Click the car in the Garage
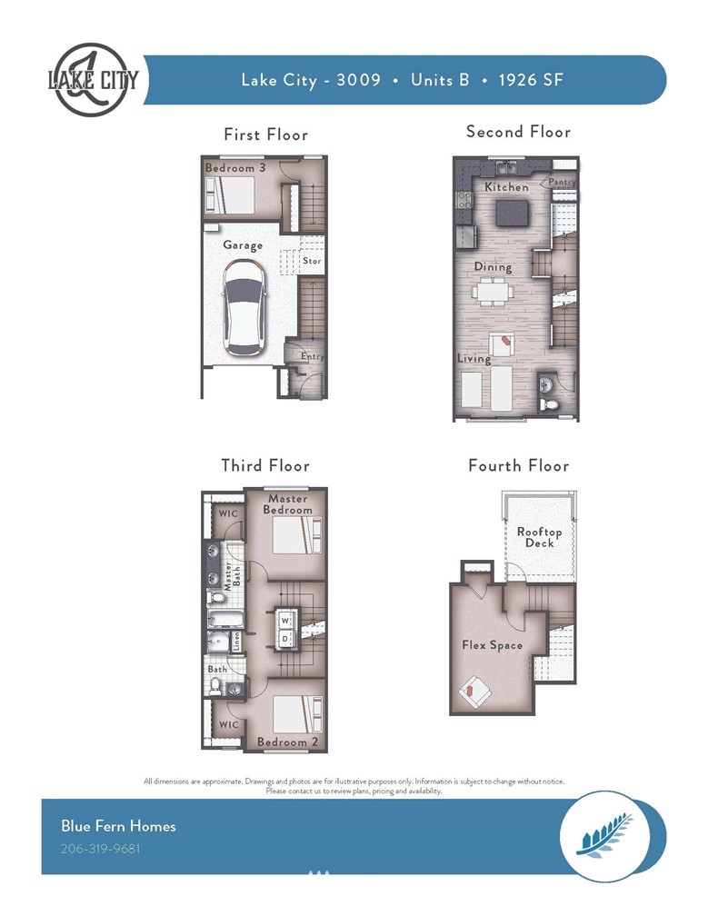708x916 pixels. click(x=244, y=307)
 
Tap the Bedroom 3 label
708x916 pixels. click(x=234, y=167)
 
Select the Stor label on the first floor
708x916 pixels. click(x=312, y=261)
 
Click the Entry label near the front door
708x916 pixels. click(x=312, y=356)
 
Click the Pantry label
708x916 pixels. click(x=562, y=182)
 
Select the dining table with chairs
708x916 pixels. click(x=493, y=291)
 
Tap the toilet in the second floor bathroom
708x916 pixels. click(x=550, y=404)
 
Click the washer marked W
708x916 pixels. click(x=285, y=620)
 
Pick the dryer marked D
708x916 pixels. click(x=285, y=638)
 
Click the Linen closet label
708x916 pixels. click(x=236, y=642)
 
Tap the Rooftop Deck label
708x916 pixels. click(x=539, y=537)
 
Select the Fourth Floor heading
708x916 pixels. click(x=519, y=465)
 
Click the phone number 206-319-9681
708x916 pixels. click(x=101, y=848)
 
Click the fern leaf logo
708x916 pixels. click(x=604, y=835)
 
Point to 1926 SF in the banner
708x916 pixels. click(x=531, y=80)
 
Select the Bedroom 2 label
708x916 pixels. click(x=287, y=742)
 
